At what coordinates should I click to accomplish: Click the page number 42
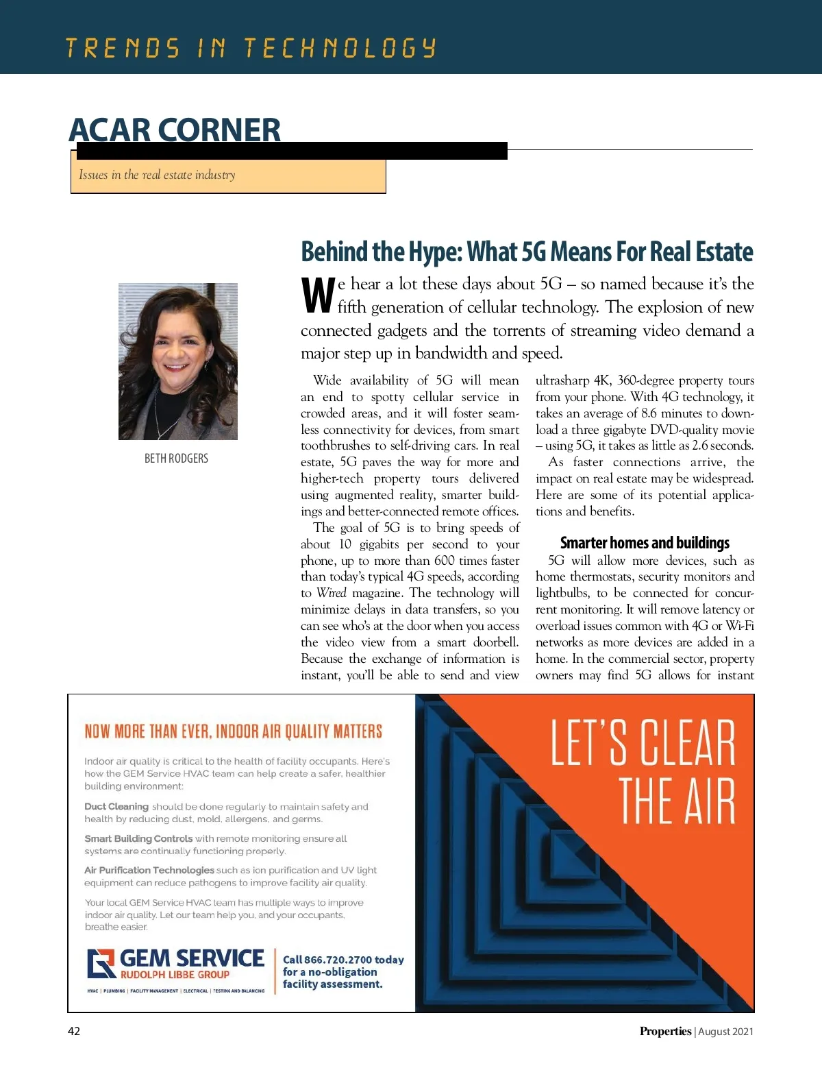[73, 1031]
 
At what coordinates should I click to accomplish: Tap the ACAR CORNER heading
[175, 130]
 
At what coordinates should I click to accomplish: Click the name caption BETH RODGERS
[176, 458]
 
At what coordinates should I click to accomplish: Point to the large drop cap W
[318, 295]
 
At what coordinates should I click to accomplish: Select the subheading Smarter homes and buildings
[645, 543]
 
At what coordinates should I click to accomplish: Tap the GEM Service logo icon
[101, 963]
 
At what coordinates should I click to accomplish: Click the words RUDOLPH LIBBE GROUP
[175, 975]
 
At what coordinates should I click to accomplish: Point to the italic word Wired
[331, 593]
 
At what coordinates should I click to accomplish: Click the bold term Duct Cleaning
[116, 807]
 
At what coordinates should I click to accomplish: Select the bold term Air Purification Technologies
[149, 870]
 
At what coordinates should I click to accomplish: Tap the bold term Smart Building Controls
[138, 838]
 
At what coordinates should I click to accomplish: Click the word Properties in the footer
[665, 1031]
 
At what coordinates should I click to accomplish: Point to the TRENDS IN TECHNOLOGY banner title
[251, 48]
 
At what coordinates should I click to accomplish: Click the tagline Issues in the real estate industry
[157, 175]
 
